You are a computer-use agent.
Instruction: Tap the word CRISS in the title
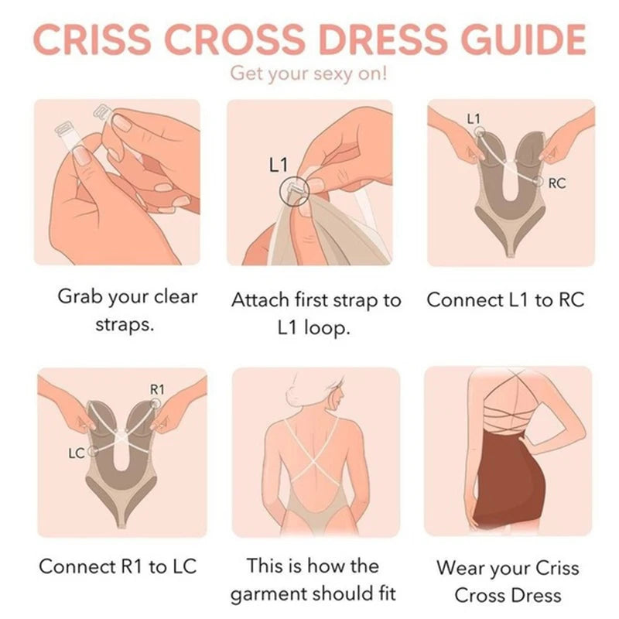[x=92, y=39]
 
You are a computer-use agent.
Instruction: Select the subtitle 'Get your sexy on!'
[x=309, y=74]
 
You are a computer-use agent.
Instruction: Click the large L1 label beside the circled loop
[x=279, y=165]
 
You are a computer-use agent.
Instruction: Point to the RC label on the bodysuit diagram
[x=557, y=183]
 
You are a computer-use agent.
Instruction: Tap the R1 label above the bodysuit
[x=157, y=390]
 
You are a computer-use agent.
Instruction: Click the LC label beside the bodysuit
[x=77, y=453]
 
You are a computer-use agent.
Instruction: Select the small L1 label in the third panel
[x=474, y=118]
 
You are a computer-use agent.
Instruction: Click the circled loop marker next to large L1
[x=294, y=191]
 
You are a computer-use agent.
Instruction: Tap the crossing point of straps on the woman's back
[x=312, y=460]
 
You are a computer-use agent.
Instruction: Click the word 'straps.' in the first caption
[x=125, y=324]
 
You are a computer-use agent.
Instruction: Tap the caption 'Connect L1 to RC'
[x=505, y=299]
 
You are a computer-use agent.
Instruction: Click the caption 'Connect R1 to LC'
[x=118, y=566]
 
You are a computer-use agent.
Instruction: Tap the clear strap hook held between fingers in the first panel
[x=102, y=112]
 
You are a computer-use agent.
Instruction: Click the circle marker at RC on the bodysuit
[x=538, y=182]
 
